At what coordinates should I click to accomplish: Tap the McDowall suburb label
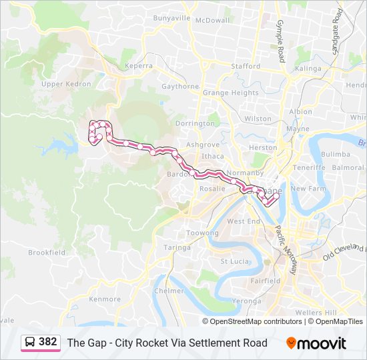213,20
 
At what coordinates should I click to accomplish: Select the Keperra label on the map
138,66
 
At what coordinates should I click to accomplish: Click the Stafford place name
246,67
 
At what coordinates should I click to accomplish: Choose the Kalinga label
308,68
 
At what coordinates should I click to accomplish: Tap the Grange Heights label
230,93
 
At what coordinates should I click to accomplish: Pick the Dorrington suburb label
195,123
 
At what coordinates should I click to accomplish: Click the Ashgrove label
203,144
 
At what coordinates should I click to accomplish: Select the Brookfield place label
47,253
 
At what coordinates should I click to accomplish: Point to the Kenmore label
105,299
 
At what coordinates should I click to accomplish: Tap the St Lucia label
234,261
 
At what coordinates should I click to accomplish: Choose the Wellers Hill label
316,313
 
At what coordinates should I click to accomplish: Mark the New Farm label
308,189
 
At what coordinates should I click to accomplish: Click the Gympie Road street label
280,38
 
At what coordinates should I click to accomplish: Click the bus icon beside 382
30,342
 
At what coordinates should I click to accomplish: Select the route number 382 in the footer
48,342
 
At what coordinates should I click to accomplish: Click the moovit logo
316,343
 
